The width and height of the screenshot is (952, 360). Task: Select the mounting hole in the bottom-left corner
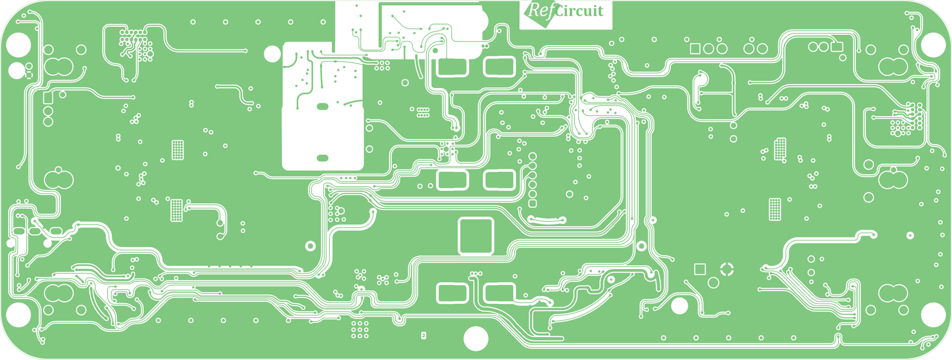point(19,315)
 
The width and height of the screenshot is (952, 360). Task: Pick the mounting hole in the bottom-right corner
point(933,315)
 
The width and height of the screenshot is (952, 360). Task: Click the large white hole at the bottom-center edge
point(476,338)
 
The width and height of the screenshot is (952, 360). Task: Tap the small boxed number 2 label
point(424,336)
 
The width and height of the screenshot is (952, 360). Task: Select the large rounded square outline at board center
point(476,236)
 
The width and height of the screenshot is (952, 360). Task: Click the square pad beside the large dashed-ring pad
point(700,269)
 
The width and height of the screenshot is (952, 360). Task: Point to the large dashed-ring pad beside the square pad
point(727,269)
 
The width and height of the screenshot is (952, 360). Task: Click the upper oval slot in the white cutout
point(322,107)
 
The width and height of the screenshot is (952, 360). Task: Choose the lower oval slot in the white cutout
point(322,158)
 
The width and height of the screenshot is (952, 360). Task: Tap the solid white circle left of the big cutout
point(272,54)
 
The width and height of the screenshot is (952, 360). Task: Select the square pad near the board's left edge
point(48,98)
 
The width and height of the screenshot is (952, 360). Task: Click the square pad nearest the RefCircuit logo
point(695,49)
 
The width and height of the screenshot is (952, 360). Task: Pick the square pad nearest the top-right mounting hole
point(837,47)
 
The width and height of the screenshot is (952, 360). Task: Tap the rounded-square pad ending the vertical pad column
point(533,204)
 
